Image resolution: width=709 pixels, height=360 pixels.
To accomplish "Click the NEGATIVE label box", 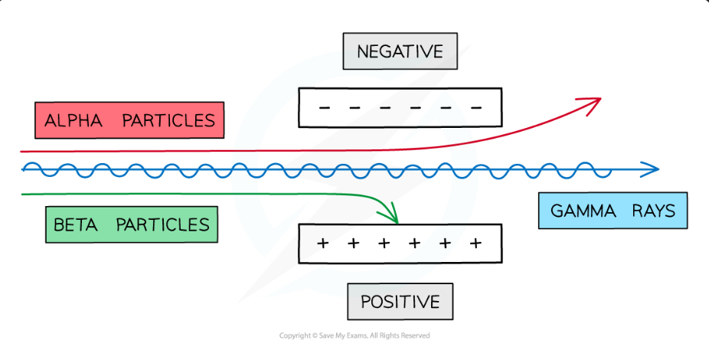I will [400, 52].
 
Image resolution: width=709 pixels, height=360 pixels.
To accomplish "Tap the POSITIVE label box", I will [400, 302].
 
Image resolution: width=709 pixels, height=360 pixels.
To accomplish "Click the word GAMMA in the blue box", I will [583, 211].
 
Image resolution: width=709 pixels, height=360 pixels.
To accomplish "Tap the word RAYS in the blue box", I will [654, 211].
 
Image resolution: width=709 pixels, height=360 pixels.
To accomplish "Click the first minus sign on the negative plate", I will [324, 107].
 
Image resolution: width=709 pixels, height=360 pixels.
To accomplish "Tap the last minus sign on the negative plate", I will [476, 107].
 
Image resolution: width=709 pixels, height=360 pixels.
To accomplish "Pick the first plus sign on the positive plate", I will [323, 244].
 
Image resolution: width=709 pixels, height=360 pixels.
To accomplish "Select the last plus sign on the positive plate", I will [475, 244].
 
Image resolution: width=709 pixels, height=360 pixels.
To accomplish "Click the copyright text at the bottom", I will [354, 335].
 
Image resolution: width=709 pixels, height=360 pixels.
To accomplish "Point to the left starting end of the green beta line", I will [24, 194].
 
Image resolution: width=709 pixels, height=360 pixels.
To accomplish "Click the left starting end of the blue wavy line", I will [25, 169].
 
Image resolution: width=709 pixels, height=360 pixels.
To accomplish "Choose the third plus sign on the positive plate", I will [384, 244].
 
